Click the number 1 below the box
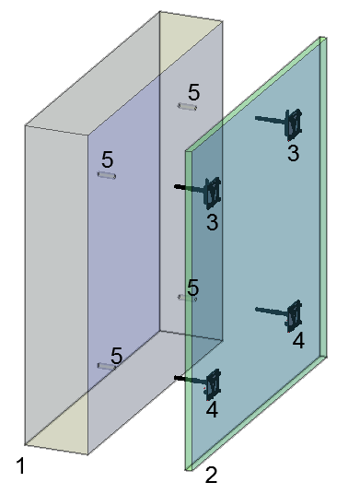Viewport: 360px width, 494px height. click(21, 466)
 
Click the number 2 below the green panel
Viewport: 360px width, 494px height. click(211, 475)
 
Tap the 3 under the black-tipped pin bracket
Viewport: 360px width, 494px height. click(213, 222)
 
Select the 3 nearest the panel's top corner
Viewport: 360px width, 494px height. click(294, 153)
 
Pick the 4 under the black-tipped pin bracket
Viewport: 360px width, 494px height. click(212, 410)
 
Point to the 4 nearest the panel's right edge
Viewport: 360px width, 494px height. click(298, 341)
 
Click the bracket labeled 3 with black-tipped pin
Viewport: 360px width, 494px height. click(199, 192)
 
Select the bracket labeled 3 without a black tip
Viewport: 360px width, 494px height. click(279, 124)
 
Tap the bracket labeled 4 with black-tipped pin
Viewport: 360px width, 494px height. click(199, 383)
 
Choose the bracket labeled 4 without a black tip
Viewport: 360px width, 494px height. click(279, 316)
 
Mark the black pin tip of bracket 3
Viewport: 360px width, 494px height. click(179, 187)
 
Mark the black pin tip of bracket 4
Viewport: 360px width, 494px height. click(179, 378)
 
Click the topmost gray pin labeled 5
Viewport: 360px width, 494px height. click(187, 107)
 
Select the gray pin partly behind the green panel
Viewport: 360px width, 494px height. click(187, 298)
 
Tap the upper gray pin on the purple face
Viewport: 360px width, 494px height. click(107, 175)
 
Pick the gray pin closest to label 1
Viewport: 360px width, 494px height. click(107, 366)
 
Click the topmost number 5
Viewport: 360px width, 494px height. click(194, 92)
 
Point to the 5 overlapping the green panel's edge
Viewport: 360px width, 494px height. click(193, 288)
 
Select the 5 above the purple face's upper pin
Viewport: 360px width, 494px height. click(108, 159)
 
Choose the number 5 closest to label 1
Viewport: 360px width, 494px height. click(116, 356)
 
